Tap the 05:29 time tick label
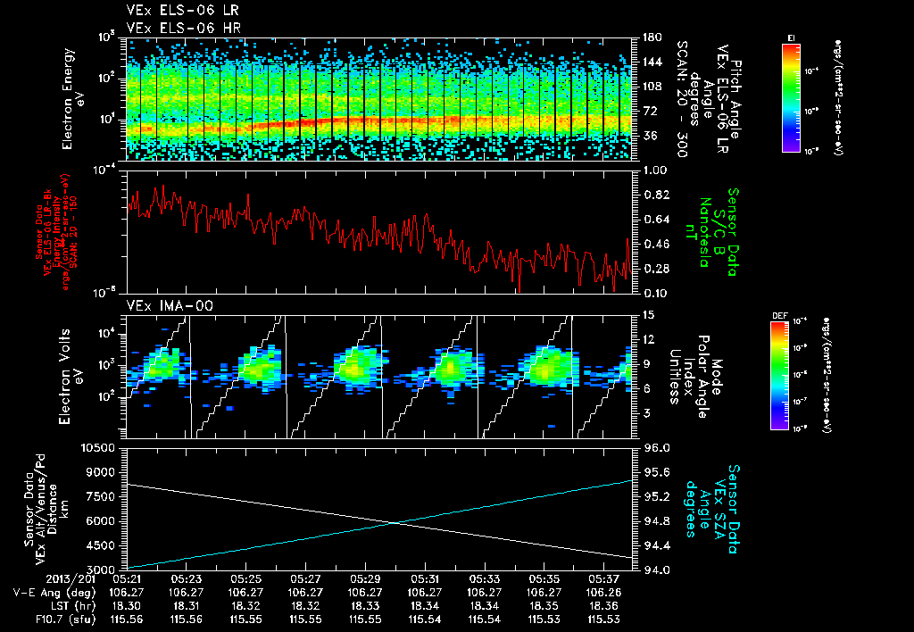365,578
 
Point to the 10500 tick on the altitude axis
100,446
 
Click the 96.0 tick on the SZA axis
653,447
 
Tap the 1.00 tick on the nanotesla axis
653,170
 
